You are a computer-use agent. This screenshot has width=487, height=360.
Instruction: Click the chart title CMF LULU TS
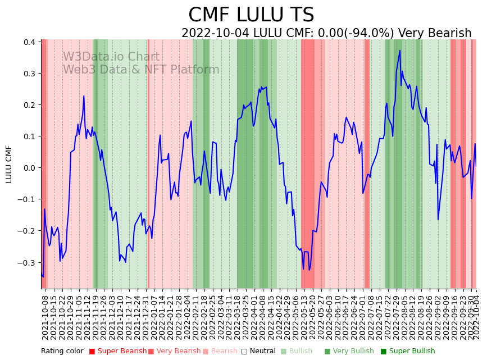251,15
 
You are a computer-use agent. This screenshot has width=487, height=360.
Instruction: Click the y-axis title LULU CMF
9,164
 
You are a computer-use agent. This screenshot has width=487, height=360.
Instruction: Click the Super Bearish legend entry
120,351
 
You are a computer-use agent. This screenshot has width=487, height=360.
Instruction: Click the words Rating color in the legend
62,351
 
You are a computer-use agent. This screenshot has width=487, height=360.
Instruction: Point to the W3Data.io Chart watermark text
111,57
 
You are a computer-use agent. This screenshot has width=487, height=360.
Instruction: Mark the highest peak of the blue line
399,51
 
